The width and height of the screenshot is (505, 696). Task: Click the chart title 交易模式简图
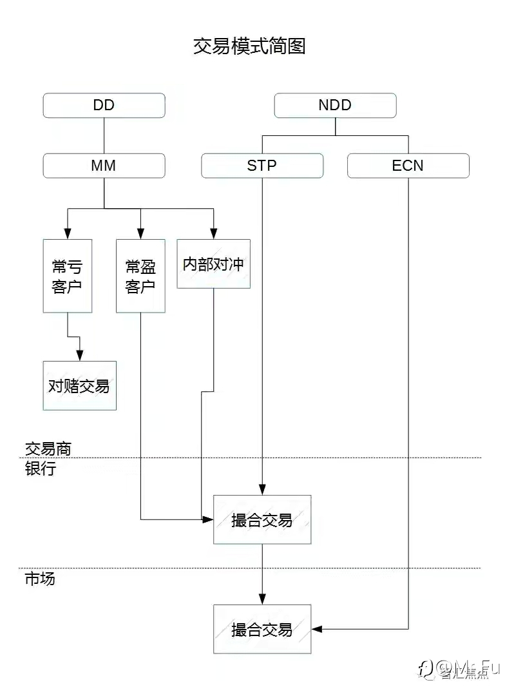[x=250, y=46]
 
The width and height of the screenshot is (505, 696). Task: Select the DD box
[x=104, y=105]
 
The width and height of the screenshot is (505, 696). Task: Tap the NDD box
[x=335, y=105]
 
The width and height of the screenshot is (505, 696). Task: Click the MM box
[x=104, y=166]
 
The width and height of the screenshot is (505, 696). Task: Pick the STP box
[x=262, y=166]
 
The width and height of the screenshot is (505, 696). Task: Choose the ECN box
[x=408, y=166]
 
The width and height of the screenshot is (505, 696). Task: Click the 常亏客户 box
[x=67, y=276]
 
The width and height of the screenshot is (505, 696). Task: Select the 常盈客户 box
[x=140, y=276]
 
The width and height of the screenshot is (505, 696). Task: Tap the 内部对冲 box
[x=213, y=264]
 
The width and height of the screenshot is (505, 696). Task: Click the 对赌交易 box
[x=79, y=385]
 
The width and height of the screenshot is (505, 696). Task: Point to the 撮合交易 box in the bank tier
[x=262, y=520]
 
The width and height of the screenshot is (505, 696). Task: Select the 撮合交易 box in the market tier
[x=262, y=629]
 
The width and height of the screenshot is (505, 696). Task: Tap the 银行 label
[x=41, y=469]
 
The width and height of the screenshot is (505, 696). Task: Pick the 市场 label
[x=40, y=578]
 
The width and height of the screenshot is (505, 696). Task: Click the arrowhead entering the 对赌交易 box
[x=80, y=356]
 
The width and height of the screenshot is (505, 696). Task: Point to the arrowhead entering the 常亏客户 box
[x=67, y=234]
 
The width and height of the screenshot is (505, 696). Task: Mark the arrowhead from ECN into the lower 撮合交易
[x=317, y=628]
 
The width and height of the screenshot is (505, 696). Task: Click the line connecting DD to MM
[x=104, y=135]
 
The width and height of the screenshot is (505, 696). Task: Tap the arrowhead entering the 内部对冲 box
[x=213, y=234]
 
